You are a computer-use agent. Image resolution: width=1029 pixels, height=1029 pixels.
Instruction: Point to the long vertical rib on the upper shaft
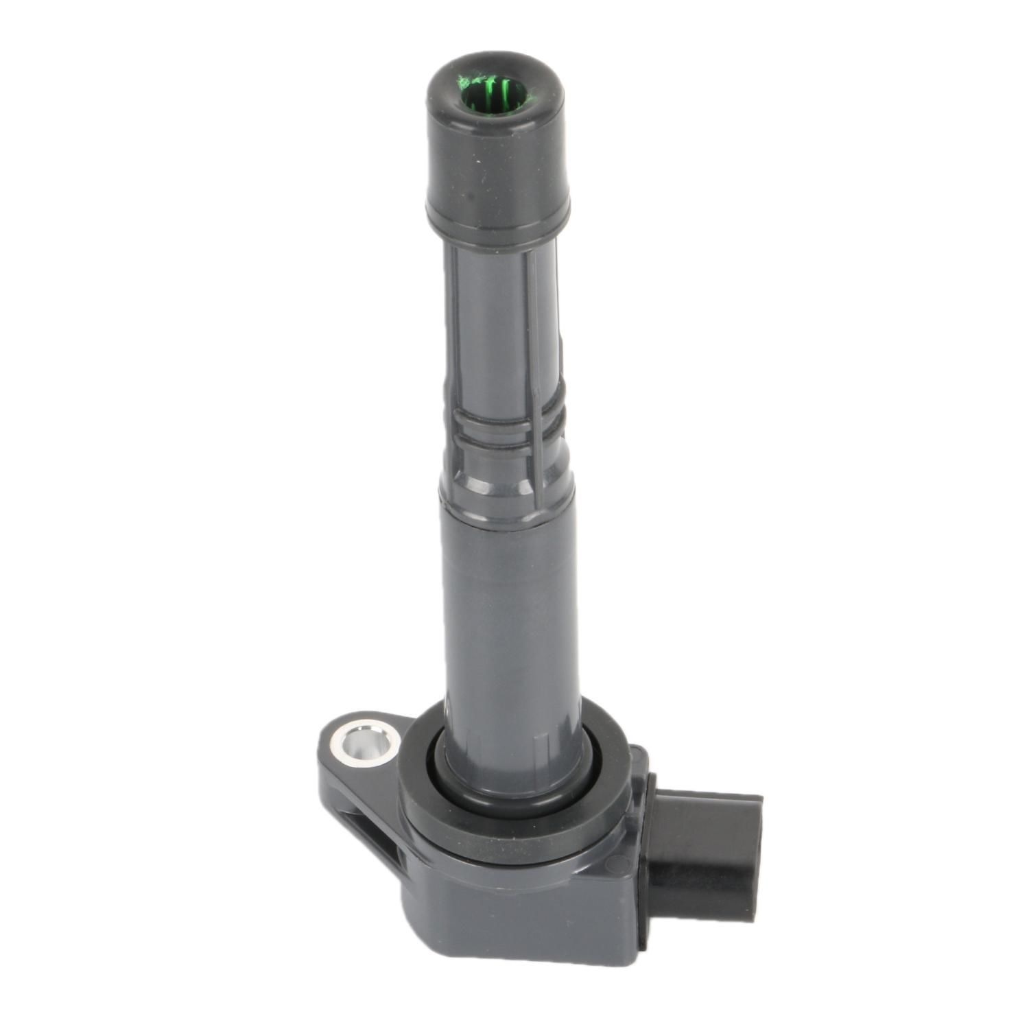coord(532,329)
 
